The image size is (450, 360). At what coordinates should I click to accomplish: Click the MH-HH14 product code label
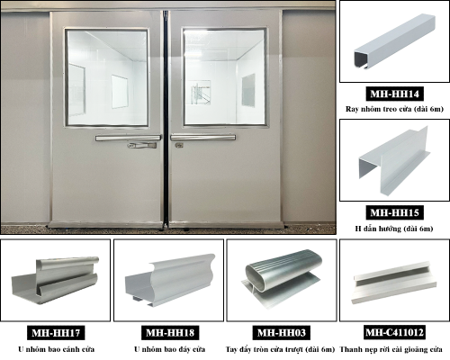click(x=394, y=94)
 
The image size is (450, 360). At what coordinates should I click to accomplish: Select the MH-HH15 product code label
click(x=394, y=212)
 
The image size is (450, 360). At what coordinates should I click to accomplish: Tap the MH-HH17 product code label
click(x=56, y=333)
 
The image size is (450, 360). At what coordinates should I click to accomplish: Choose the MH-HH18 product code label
click(x=170, y=333)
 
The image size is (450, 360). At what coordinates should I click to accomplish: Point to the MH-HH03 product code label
click(x=282, y=332)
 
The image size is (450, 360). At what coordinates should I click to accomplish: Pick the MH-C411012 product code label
click(x=394, y=332)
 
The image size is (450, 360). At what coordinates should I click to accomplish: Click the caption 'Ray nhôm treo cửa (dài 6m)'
click(x=394, y=109)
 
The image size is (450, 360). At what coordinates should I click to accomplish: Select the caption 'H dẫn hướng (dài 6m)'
click(x=394, y=229)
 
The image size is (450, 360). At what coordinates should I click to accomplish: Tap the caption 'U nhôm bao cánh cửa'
click(x=57, y=349)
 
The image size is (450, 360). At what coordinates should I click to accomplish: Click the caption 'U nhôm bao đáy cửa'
click(x=170, y=349)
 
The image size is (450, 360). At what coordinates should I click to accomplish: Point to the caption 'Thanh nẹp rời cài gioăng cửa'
click(x=391, y=349)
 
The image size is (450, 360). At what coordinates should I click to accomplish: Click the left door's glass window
click(x=107, y=77)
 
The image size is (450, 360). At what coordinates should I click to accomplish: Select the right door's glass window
click(x=225, y=76)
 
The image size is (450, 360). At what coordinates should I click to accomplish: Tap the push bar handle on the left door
click(x=129, y=138)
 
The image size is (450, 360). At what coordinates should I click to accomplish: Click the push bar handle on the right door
click(x=203, y=138)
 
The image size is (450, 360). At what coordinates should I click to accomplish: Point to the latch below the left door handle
click(x=142, y=146)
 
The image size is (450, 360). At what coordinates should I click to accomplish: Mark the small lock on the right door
click(x=179, y=145)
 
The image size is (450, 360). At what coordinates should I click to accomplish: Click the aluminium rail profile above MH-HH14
click(x=394, y=41)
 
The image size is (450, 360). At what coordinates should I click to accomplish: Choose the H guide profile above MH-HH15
click(x=394, y=160)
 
